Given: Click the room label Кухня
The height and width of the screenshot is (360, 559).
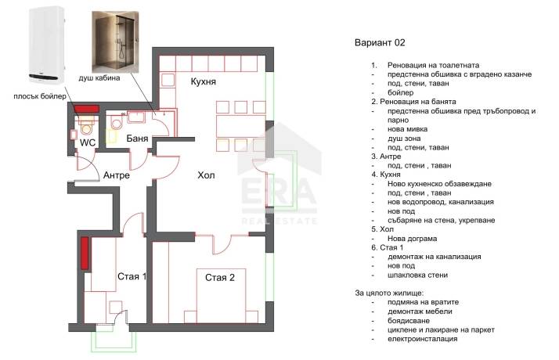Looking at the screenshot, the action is click(x=204, y=81).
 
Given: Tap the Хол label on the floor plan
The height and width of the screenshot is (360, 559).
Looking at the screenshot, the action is click(x=206, y=175).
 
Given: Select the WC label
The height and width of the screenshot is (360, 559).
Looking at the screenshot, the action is click(x=88, y=142).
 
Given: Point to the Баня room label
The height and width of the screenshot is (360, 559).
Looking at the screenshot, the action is click(x=137, y=139).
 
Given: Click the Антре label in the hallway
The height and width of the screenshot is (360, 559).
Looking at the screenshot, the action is click(x=117, y=175).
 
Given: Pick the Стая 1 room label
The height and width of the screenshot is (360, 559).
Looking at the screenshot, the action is click(x=132, y=276).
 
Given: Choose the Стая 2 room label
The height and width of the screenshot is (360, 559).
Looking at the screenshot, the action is click(x=220, y=277).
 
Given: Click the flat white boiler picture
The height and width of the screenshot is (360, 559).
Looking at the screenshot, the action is click(x=47, y=45).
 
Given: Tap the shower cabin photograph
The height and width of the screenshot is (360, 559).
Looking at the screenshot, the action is click(x=115, y=41).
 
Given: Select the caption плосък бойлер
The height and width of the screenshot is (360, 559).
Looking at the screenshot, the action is click(x=40, y=96).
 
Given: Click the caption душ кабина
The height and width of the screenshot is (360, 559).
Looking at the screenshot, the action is click(x=99, y=77).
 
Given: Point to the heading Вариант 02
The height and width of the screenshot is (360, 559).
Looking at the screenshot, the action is click(x=380, y=43).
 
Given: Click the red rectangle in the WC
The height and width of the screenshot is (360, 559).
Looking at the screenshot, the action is click(x=86, y=109).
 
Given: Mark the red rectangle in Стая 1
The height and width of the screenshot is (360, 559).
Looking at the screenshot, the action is click(x=85, y=254).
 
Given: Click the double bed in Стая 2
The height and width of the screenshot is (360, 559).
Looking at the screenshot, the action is click(x=221, y=296).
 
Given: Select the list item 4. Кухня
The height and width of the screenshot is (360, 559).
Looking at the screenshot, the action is click(x=386, y=175).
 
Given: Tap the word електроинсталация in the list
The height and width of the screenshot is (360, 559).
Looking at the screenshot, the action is click(x=423, y=339).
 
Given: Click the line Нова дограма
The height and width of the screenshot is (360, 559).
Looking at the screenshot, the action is click(x=412, y=239).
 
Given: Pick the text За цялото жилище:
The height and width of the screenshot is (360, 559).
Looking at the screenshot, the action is click(x=389, y=293).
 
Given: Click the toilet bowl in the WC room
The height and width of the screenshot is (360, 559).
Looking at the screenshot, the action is click(x=86, y=127).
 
